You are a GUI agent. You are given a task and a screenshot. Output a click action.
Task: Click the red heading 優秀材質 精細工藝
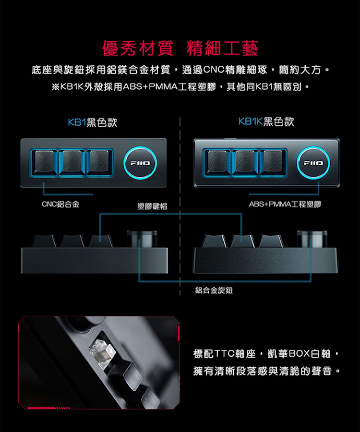[x=180, y=48]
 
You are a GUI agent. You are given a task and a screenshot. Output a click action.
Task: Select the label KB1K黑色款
[x=266, y=122]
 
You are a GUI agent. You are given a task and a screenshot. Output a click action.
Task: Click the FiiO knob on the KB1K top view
[x=313, y=163]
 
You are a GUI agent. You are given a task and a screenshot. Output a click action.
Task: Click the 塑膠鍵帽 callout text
[x=152, y=206]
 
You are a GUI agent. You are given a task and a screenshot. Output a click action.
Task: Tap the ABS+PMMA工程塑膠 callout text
[x=285, y=205]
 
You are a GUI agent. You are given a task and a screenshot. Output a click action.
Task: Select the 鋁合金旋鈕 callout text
[x=214, y=290]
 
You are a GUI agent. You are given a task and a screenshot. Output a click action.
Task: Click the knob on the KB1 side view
[x=142, y=239]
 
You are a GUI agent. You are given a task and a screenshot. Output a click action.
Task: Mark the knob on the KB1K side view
[x=312, y=239]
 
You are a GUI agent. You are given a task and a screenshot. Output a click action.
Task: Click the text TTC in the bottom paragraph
[x=224, y=354]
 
